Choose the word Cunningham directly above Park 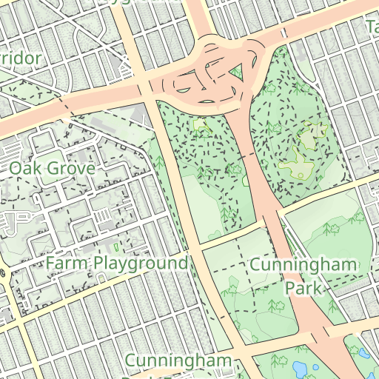click(x=303, y=265)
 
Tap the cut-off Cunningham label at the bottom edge click(x=178, y=360)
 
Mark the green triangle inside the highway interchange click(x=236, y=73)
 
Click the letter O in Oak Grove click(x=15, y=169)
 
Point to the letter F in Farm click(x=50, y=264)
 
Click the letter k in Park click(x=321, y=286)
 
